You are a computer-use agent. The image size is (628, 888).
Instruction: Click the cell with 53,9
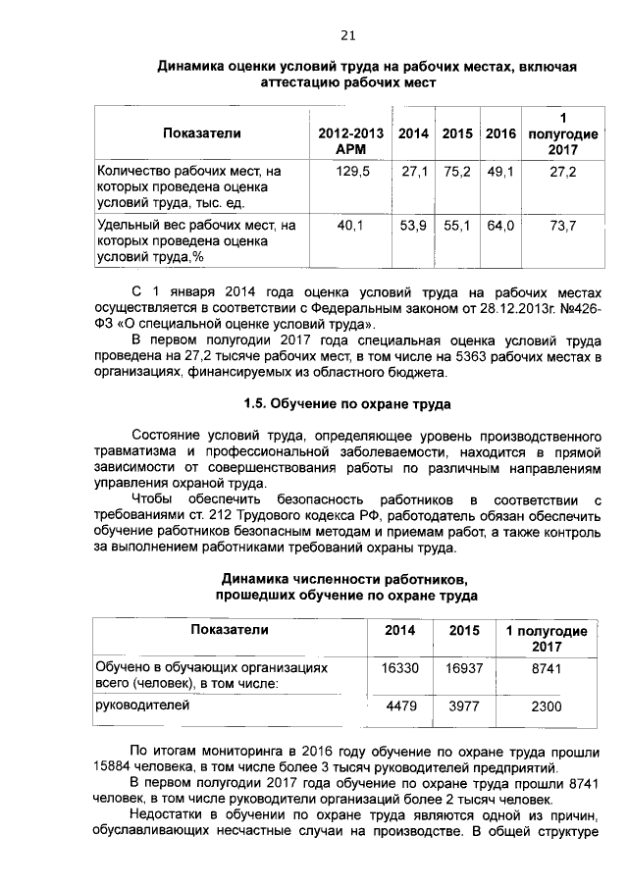click(413, 226)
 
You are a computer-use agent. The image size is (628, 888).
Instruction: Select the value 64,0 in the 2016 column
click(500, 226)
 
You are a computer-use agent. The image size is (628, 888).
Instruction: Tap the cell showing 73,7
click(562, 226)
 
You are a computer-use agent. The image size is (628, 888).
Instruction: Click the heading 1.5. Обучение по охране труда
click(346, 403)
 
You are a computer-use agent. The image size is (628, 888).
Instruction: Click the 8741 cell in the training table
click(546, 667)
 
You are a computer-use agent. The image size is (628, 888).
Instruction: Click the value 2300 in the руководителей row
click(546, 705)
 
